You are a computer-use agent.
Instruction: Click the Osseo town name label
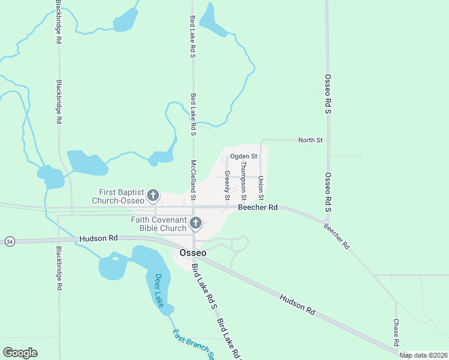(x=193, y=253)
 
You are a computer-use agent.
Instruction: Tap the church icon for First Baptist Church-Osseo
(x=153, y=196)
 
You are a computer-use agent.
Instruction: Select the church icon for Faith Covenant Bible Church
(x=195, y=224)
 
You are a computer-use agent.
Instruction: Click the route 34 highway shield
(x=9, y=241)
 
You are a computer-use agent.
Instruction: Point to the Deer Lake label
(x=159, y=290)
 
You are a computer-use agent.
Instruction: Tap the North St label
(x=310, y=140)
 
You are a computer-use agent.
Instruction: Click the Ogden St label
(x=244, y=157)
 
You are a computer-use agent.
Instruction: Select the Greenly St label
(x=228, y=185)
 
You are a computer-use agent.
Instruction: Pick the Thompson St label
(x=243, y=180)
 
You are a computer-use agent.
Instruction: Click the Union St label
(x=261, y=188)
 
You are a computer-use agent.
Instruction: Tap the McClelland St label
(x=193, y=180)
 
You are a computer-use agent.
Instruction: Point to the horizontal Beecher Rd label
(x=258, y=208)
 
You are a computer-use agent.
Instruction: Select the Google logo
(x=20, y=353)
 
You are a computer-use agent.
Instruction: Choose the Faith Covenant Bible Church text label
(x=159, y=224)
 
